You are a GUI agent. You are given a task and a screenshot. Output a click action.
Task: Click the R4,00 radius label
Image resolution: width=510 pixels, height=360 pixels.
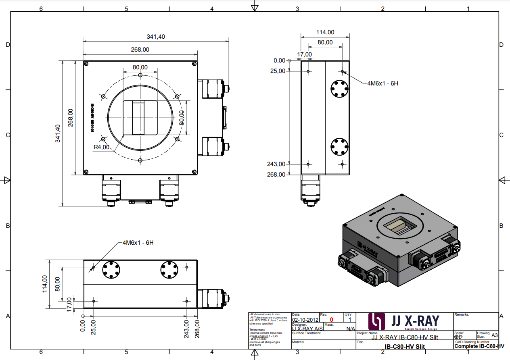pos(101,147)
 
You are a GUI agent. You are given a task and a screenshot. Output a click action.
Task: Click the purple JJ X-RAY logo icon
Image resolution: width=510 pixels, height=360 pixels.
pos(377,321)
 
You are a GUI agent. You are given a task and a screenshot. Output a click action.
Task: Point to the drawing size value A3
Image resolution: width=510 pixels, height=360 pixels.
pos(495,335)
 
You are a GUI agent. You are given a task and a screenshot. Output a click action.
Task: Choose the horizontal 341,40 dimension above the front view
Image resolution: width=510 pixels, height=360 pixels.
pos(156,37)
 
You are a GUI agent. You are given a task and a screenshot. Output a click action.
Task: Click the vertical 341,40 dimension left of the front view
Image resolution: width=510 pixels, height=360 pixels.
pos(58,133)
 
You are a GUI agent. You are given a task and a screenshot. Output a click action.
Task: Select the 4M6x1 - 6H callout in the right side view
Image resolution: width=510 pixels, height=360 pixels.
pos(382,83)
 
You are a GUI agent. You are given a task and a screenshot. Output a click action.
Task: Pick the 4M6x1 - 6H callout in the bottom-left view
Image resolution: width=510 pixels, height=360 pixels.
pos(138,243)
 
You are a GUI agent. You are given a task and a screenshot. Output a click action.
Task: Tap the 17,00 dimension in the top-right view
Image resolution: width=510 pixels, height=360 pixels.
pos(304,54)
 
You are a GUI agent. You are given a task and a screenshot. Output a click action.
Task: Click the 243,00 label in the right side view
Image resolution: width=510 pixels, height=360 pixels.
pos(276,164)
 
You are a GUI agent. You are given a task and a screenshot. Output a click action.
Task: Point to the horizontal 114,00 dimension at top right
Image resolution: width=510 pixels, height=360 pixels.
pos(325,32)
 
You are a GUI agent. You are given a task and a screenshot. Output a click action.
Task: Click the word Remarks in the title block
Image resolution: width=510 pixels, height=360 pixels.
pos(462,314)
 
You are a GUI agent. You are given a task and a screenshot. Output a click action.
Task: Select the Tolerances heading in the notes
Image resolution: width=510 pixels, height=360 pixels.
pos(257,329)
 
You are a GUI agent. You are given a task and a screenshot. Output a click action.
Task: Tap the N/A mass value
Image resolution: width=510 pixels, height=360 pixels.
pos(351,329)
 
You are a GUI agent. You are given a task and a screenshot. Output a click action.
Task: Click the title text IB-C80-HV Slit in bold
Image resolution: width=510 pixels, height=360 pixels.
pos(404,346)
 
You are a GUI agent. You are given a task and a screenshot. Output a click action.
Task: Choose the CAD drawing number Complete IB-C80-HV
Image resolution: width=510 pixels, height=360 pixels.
pos(479,346)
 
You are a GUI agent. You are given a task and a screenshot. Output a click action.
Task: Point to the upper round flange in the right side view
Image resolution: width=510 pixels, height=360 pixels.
pos(339,88)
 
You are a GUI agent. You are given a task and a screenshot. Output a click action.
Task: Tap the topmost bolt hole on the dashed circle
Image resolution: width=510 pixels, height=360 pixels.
pos(140,75)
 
